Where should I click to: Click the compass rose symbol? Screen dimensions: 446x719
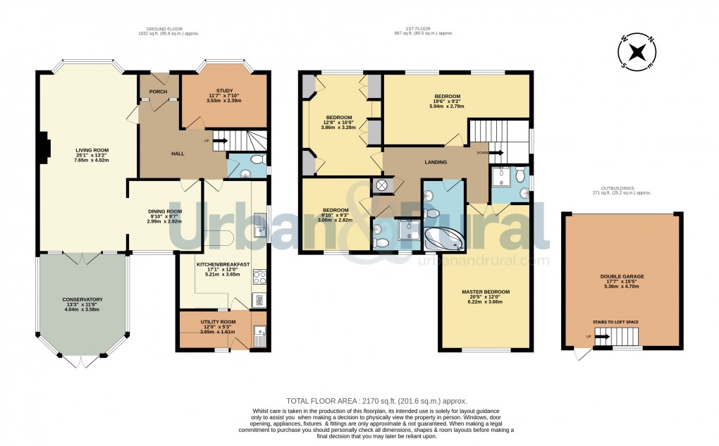coord(637,52)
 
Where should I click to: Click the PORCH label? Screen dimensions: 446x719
coord(158,92)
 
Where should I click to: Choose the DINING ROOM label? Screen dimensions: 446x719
coord(165,211)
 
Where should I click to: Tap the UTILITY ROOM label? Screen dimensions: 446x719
coord(219,321)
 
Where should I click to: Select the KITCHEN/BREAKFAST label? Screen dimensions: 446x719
coord(223,264)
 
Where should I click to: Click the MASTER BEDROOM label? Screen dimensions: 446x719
coord(485,292)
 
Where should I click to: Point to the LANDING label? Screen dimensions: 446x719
coord(436,163)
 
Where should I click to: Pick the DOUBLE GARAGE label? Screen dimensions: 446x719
coord(622,277)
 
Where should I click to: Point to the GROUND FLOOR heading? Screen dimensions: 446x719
coord(154,30)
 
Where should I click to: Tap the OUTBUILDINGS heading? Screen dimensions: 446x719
coord(622,188)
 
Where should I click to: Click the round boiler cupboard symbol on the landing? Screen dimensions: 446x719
coord(381,186)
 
